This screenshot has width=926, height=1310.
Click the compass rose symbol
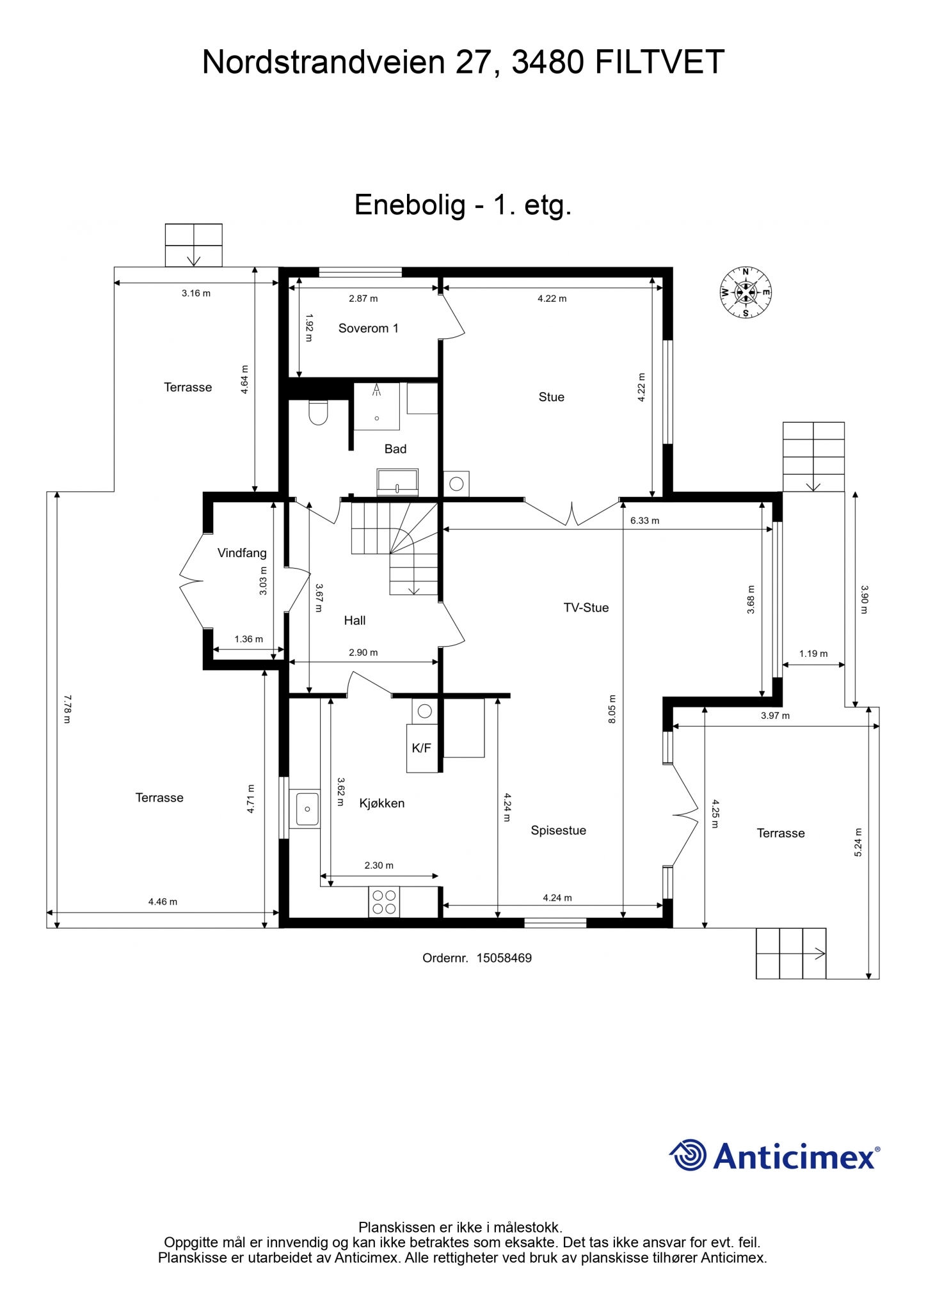746,293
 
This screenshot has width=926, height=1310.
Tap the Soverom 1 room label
368,328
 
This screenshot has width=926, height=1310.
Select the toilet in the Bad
318,413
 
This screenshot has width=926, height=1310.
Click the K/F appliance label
421,748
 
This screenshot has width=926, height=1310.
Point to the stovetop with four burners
384,902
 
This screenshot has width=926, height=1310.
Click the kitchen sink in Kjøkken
307,809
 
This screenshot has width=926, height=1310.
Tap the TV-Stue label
586,608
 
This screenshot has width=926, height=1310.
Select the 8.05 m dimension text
612,709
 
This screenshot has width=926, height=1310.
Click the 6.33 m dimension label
644,521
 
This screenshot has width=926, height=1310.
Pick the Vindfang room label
242,553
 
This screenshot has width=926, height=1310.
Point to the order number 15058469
504,958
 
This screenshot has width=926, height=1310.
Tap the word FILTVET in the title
659,63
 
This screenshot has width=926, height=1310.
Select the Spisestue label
558,830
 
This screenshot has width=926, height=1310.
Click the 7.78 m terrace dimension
67,709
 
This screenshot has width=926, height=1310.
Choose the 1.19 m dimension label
813,654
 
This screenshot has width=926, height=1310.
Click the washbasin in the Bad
397,481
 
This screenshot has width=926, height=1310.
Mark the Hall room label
355,620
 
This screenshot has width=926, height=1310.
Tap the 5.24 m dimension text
858,842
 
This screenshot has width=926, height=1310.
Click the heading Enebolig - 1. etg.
463,205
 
